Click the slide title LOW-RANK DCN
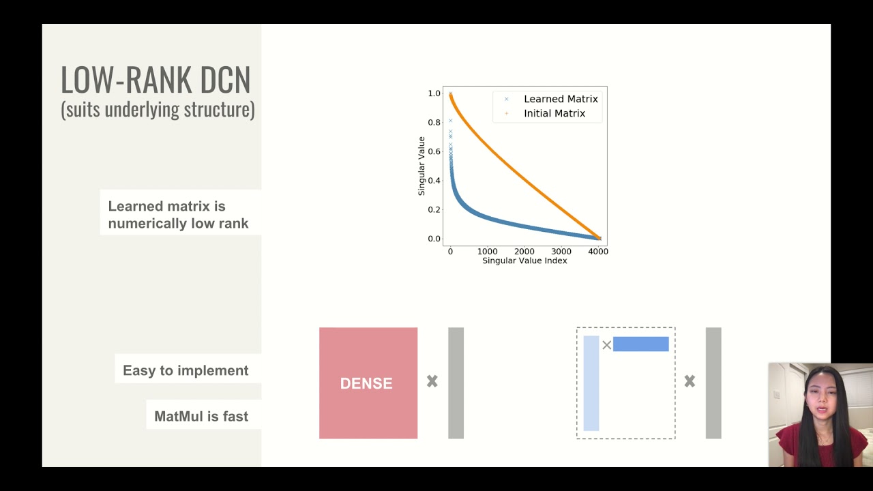point(156,80)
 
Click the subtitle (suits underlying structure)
point(158,110)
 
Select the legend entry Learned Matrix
point(560,99)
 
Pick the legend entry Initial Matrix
point(554,113)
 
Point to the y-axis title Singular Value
point(421,166)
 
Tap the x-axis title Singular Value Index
point(524,261)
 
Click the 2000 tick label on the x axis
point(524,252)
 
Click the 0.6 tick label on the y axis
point(434,151)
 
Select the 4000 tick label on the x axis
point(598,252)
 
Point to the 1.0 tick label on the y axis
point(434,93)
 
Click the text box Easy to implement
point(186,370)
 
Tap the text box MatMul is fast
point(201,416)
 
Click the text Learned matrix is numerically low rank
point(178,215)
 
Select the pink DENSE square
point(368,383)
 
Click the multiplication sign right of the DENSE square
point(432,382)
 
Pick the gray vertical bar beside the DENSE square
point(456,383)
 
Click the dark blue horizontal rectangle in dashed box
point(640,344)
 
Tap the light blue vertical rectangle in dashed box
point(591,383)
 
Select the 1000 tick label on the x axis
point(487,252)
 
